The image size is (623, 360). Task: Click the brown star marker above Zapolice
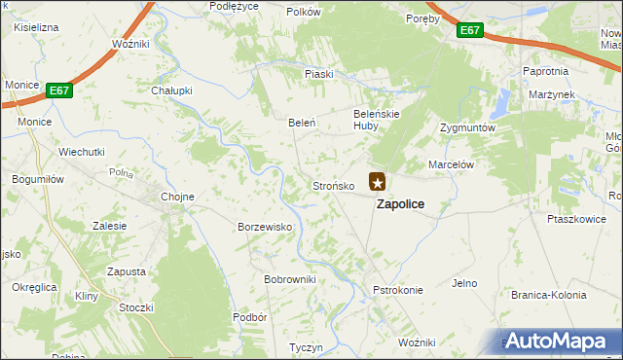pyautogui.click(x=378, y=181)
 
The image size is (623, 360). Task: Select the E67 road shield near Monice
pyautogui.click(x=59, y=90)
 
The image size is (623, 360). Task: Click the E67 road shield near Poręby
pyautogui.click(x=470, y=31)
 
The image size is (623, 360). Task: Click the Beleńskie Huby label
pyautogui.click(x=378, y=119)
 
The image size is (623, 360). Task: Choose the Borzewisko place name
pyautogui.click(x=266, y=227)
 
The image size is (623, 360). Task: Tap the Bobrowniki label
pyautogui.click(x=290, y=279)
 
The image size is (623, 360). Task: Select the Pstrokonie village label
pyautogui.click(x=397, y=290)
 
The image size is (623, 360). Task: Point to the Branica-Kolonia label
pyautogui.click(x=548, y=295)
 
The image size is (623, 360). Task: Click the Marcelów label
pyautogui.click(x=451, y=165)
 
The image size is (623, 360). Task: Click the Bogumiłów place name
pyautogui.click(x=37, y=179)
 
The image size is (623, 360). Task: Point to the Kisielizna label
pyautogui.click(x=36, y=27)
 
